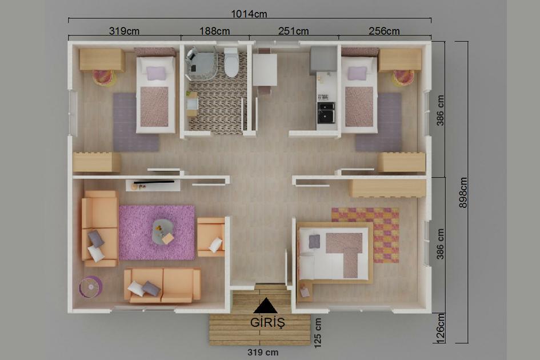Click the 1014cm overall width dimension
click(249, 13)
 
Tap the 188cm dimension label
click(214, 31)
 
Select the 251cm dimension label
click(294, 31)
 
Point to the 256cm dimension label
click(384, 31)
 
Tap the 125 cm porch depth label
click(318, 332)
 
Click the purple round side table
click(90, 286)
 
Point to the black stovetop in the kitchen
click(326, 112)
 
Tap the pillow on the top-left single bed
click(155, 73)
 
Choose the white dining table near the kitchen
click(265, 69)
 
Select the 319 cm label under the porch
click(263, 352)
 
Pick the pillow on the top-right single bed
click(357, 73)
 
